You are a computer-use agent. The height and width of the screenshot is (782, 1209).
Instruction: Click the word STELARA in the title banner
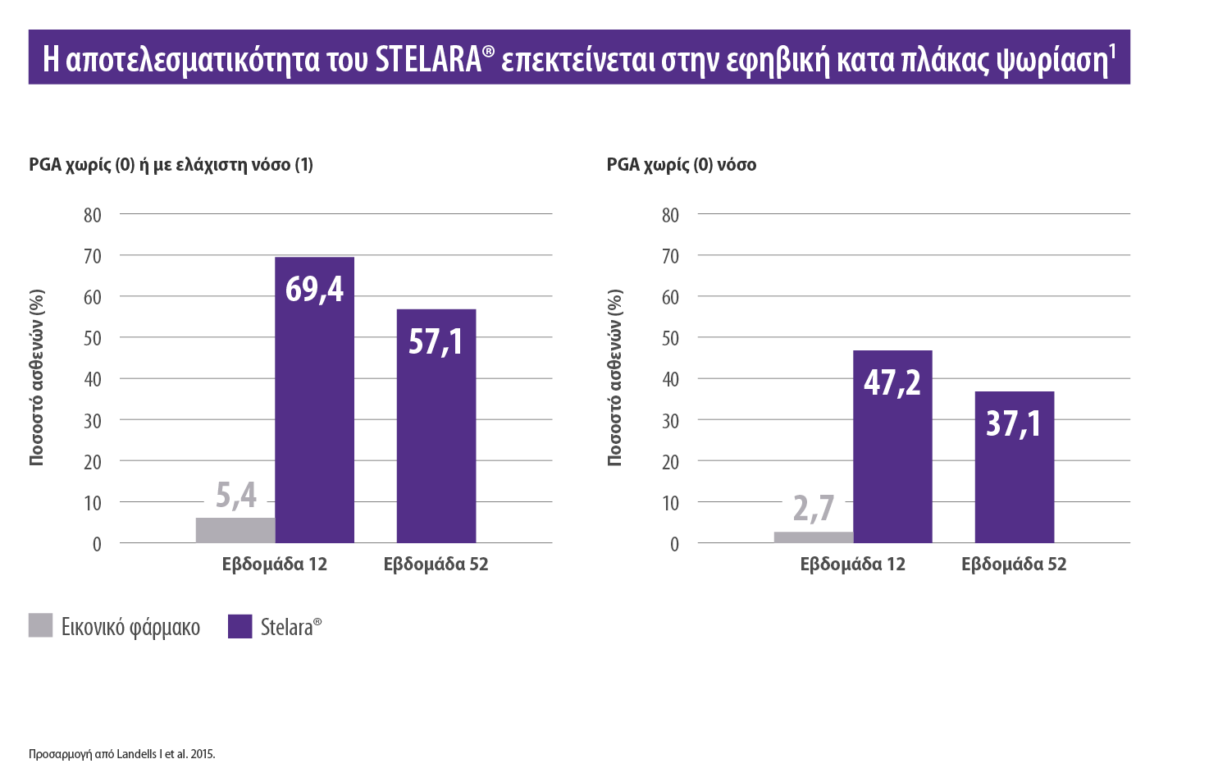(427, 60)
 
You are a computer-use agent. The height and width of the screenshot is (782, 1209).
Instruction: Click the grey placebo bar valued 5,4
(235, 530)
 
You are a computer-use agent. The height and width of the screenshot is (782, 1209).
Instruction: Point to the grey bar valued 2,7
(813, 537)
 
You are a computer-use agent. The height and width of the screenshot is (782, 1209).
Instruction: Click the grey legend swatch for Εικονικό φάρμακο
(40, 625)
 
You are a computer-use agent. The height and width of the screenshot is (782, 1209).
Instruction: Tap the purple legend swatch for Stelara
(240, 625)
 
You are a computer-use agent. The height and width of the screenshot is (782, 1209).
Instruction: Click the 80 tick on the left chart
(93, 215)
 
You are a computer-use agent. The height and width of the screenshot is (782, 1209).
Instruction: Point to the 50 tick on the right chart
(670, 338)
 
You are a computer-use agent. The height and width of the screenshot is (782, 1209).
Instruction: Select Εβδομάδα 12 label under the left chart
(274, 565)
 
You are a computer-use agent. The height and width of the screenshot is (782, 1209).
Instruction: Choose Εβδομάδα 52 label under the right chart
(1014, 565)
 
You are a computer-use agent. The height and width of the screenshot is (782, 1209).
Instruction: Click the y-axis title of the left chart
(37, 378)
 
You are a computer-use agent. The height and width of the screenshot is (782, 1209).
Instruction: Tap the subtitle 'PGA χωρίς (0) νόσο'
(681, 165)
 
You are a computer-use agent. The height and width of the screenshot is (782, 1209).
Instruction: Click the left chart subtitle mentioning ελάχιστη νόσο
(171, 165)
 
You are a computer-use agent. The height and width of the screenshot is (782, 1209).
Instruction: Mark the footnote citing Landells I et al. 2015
(121, 754)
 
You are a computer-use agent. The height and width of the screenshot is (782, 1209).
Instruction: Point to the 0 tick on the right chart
(674, 544)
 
